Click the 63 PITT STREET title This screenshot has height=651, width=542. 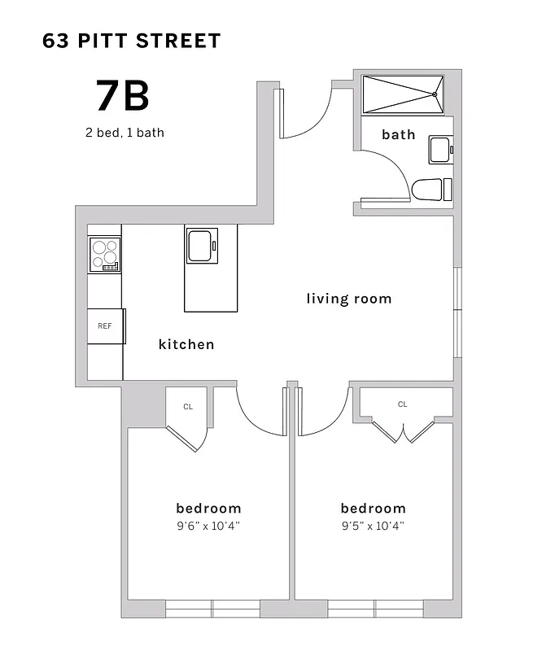click(132, 41)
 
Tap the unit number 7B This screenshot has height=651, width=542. click(123, 96)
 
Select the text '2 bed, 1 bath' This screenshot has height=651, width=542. click(125, 133)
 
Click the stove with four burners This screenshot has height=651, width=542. click(104, 255)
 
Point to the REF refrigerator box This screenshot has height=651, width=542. click(105, 326)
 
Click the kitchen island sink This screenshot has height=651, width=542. click(203, 246)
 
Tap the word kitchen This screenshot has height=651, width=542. click(186, 344)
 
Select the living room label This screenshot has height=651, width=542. click(348, 299)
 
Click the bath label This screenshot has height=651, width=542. click(398, 134)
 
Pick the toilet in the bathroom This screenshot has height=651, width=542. click(431, 190)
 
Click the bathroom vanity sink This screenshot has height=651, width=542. click(440, 150)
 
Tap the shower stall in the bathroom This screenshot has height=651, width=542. click(401, 94)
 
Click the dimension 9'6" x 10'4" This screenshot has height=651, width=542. click(208, 526)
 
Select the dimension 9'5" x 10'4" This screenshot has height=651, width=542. click(373, 526)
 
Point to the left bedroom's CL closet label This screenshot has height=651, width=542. click(187, 406)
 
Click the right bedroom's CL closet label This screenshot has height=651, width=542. click(403, 404)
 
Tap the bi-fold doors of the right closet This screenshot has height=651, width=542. click(403, 431)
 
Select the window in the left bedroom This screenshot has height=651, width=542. click(212, 609)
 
